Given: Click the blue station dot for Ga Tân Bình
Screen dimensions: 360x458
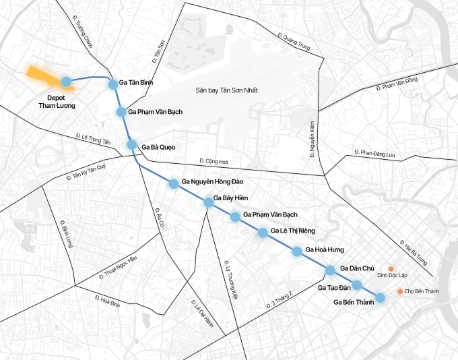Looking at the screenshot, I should coord(112,82).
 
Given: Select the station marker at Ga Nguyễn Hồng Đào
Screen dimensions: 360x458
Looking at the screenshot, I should coord(173,183).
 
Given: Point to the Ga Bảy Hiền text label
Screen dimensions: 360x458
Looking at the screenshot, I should coord(232,198).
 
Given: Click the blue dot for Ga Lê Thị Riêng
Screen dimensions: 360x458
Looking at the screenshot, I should coord(263,233).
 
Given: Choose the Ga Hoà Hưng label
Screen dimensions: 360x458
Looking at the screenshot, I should coord(324,250).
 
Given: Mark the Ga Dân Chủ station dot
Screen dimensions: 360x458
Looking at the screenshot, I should coord(330,270).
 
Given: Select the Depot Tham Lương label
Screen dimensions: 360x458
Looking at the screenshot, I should coord(57,101).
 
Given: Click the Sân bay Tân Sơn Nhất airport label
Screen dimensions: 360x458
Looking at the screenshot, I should coord(227,90).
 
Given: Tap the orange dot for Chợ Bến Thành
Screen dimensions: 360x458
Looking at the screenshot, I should coord(400,291).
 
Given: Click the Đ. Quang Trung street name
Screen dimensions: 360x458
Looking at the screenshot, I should coord(293,42).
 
